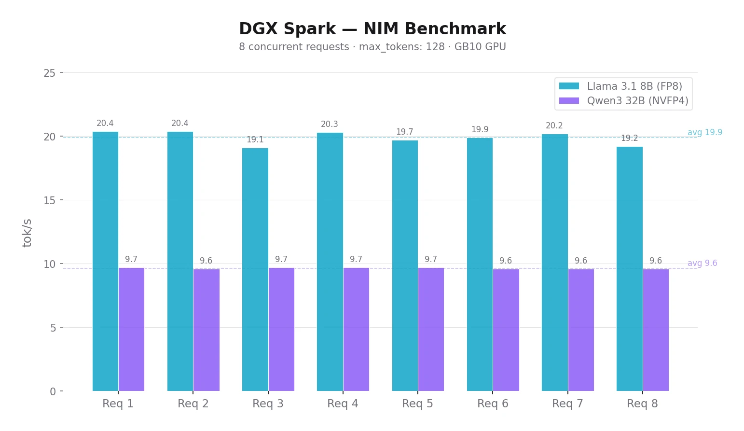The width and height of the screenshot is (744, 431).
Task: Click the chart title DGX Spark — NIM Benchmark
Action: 372,29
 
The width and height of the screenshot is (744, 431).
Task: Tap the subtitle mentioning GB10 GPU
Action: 372,47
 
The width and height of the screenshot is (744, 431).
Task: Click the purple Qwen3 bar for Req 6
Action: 506,330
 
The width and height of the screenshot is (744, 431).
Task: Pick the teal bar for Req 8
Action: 629,269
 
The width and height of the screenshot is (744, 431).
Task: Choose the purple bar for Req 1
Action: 131,329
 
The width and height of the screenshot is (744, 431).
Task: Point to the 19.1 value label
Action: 255,140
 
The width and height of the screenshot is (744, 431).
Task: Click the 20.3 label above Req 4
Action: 330,125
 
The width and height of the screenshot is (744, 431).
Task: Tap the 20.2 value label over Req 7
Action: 554,126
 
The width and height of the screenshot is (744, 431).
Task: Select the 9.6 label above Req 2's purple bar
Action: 206,261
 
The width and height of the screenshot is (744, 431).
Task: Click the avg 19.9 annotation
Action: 704,132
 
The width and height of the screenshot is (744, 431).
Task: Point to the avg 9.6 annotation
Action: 702,263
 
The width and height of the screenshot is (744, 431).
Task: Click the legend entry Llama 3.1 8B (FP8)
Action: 634,86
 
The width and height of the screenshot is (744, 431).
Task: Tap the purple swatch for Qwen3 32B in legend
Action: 569,101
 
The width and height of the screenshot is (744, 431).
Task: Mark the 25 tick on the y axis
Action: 49,73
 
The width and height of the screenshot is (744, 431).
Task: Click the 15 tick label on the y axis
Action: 49,200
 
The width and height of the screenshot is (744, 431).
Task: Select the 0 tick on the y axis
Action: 53,391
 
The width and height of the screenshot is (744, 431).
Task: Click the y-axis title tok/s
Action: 27,233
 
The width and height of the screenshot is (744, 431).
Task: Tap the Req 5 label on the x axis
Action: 417,403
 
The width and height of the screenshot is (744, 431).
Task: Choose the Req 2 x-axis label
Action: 193,403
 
